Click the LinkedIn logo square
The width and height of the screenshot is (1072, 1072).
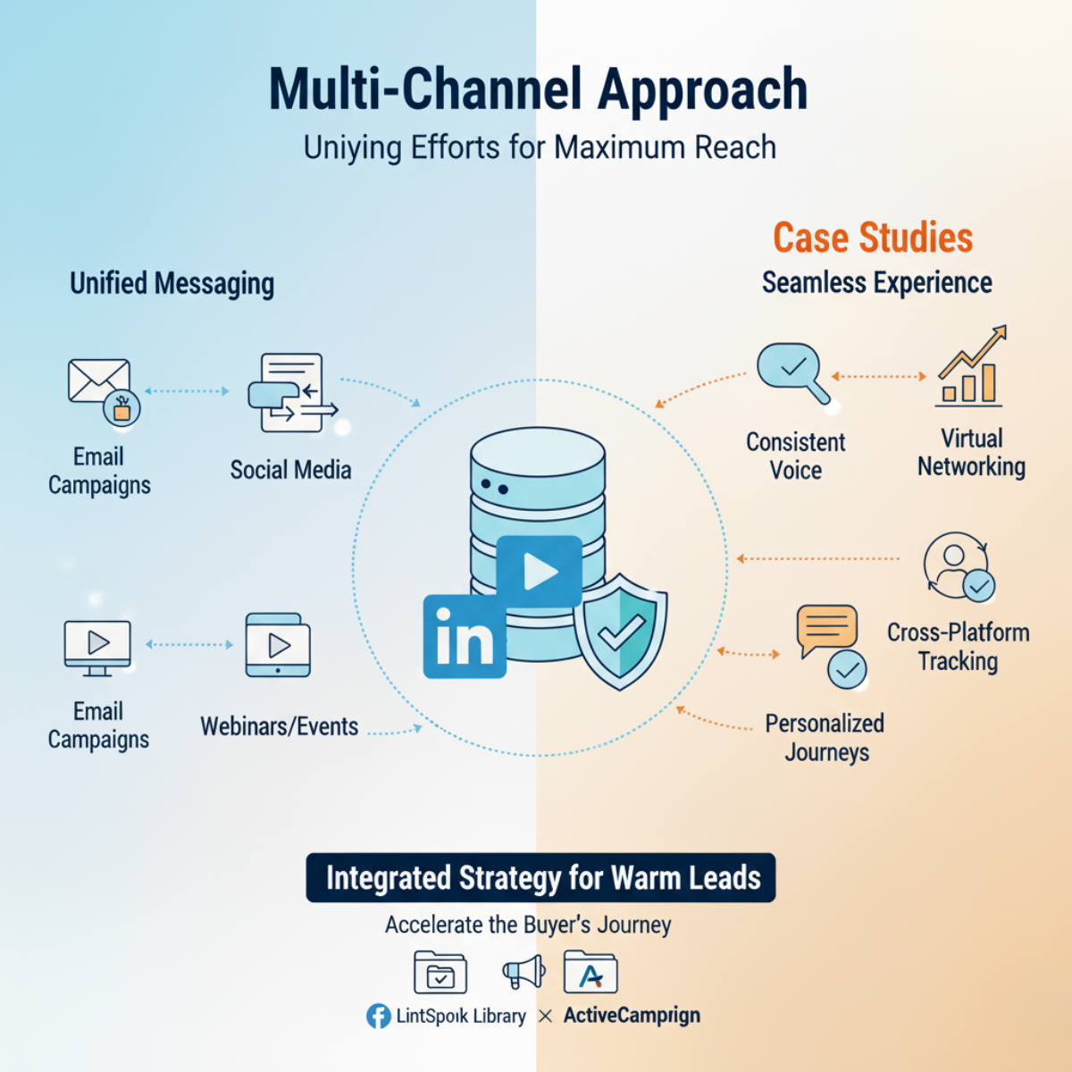(x=464, y=636)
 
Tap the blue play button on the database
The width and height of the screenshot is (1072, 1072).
(x=539, y=572)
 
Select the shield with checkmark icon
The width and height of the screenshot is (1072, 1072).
(x=620, y=632)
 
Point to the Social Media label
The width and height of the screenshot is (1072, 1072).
(x=290, y=470)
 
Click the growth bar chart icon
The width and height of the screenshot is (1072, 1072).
(x=971, y=368)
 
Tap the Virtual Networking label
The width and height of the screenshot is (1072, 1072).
(x=971, y=453)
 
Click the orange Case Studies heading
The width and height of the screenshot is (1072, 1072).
(x=872, y=239)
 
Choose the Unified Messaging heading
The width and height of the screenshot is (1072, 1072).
(x=172, y=284)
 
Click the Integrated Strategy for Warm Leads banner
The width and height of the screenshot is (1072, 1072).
(x=540, y=878)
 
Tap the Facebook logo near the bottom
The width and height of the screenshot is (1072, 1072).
(x=379, y=1016)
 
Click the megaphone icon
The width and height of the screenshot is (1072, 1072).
(x=524, y=972)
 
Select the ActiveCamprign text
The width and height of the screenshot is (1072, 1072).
(x=632, y=1016)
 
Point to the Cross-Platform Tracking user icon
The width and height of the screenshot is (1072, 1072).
(x=958, y=566)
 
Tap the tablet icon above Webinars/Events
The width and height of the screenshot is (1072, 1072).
(x=278, y=645)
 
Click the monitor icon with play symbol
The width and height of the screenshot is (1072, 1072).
(x=97, y=645)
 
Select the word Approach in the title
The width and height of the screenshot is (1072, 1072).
(x=702, y=90)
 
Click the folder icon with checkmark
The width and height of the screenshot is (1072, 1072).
(x=440, y=973)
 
